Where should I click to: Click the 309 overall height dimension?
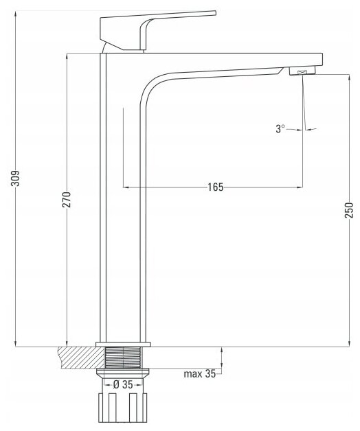coord(15,178)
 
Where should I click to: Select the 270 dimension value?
coord(67,200)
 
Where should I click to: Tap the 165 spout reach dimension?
coord(215,187)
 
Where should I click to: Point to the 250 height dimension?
coord(348,210)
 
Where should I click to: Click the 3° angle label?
coord(280,128)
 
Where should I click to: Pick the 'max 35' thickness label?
coord(200,374)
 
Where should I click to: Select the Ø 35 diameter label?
coord(123,384)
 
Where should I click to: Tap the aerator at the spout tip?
coord(302,71)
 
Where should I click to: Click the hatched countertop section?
coord(81,357)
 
